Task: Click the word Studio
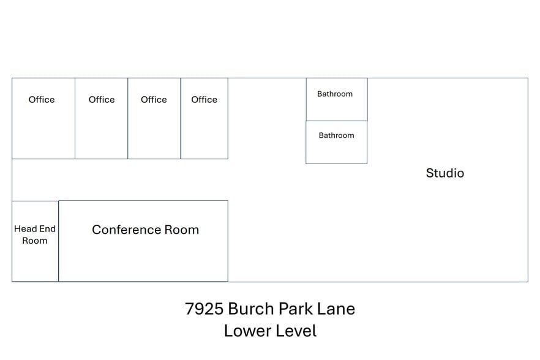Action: (445, 173)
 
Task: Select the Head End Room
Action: (35, 241)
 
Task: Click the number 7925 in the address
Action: (204, 309)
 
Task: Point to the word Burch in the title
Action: (251, 309)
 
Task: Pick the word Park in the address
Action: (296, 309)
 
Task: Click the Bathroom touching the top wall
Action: (337, 100)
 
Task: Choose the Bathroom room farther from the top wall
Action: (337, 142)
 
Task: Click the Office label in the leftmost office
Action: (42, 100)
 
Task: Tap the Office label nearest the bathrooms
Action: (204, 100)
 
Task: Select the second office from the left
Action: (101, 119)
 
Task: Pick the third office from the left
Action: (154, 119)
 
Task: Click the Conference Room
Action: (143, 241)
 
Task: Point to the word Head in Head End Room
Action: (25, 229)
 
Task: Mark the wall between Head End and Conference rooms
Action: (59, 241)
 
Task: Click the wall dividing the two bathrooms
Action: (337, 121)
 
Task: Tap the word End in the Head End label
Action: (47, 229)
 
